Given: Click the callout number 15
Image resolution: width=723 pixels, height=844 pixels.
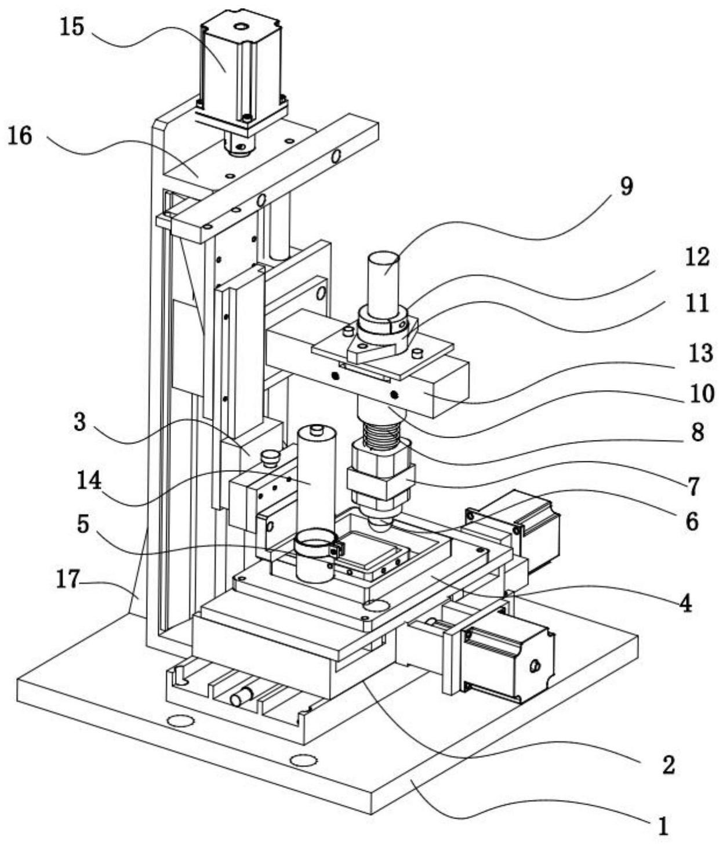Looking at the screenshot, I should (x=72, y=27).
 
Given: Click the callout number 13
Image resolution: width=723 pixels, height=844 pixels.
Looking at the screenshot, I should (x=700, y=351).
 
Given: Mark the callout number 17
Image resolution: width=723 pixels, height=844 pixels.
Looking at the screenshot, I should (x=68, y=579).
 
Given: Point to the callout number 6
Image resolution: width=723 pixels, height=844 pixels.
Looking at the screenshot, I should (x=691, y=521).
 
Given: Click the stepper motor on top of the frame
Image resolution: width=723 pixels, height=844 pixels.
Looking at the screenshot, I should (x=240, y=70).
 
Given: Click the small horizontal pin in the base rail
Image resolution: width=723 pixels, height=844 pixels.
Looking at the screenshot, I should (x=242, y=696).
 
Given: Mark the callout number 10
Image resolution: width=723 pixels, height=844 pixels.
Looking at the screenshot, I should (x=702, y=394).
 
